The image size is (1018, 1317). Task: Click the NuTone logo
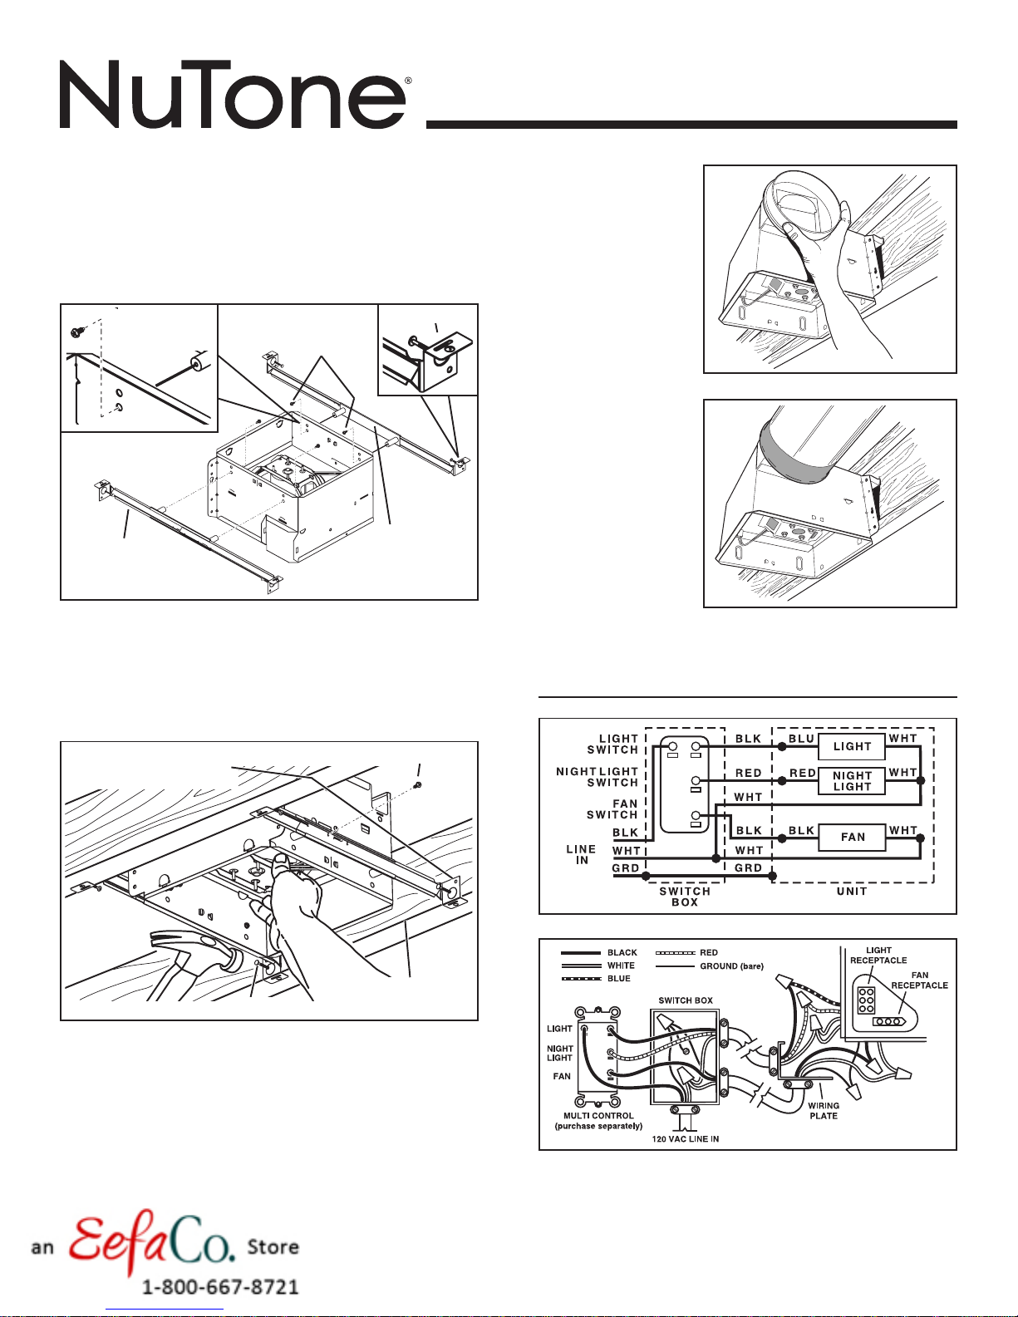(x=233, y=94)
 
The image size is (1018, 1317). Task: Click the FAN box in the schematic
(x=853, y=837)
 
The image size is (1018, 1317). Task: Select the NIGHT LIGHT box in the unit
(x=852, y=781)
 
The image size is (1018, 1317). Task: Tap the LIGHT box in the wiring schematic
(x=852, y=746)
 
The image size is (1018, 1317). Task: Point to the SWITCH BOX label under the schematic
(x=685, y=897)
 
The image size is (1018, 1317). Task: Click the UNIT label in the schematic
(x=852, y=892)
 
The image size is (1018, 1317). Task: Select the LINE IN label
(x=581, y=855)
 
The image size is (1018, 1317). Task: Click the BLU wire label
(x=801, y=739)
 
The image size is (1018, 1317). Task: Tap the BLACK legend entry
(x=622, y=953)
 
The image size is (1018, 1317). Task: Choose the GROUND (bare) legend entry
(x=731, y=966)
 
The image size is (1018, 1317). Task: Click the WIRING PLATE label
(x=823, y=1111)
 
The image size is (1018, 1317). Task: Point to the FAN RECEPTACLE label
(x=919, y=980)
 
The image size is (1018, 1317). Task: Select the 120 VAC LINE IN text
(x=686, y=1139)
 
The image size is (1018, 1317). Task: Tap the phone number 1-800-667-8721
(x=220, y=1287)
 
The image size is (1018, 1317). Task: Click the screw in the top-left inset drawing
(x=77, y=331)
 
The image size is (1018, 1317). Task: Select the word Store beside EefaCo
(x=273, y=1247)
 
